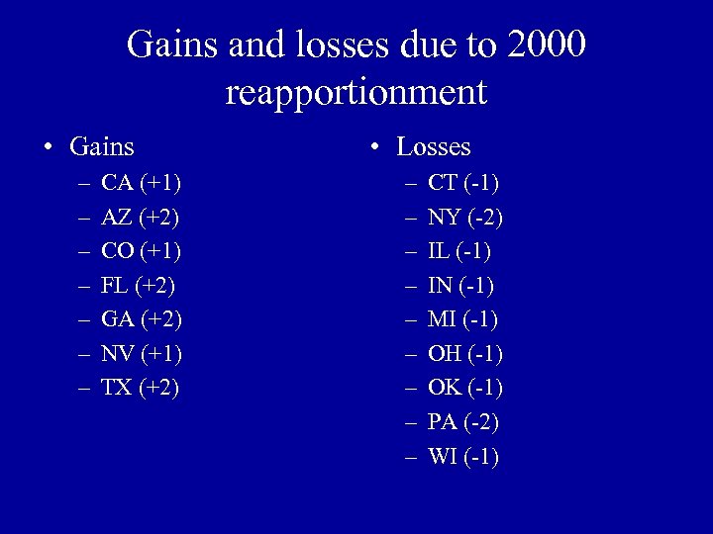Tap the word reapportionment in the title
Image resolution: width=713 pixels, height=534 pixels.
click(356, 92)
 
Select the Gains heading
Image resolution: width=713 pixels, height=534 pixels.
click(102, 147)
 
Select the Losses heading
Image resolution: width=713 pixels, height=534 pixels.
click(434, 147)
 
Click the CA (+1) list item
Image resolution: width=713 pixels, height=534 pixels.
click(141, 183)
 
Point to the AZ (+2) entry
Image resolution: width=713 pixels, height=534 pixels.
click(141, 217)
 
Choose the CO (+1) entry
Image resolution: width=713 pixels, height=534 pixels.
click(142, 251)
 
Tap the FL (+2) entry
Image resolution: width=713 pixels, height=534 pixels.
click(140, 285)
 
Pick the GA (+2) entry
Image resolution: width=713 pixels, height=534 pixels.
click(142, 319)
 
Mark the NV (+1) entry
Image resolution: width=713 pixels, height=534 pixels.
click(142, 353)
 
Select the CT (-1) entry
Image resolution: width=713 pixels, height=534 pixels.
click(463, 183)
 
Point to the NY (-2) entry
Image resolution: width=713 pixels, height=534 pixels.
click(463, 217)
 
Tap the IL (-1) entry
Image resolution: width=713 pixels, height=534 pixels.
click(459, 251)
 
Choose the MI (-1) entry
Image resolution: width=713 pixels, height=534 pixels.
click(462, 319)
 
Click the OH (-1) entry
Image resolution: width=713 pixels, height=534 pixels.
click(465, 353)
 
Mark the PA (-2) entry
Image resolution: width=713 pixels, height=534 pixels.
click(463, 422)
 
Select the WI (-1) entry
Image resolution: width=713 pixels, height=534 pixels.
click(463, 456)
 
